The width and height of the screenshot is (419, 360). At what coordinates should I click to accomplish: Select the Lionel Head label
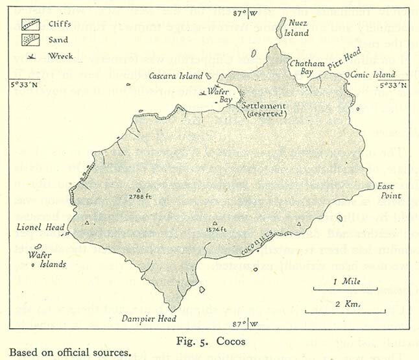coord(37,228)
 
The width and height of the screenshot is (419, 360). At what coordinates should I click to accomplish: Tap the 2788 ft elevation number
coord(140,196)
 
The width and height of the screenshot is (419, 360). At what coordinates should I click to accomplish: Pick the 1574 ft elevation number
coord(213,229)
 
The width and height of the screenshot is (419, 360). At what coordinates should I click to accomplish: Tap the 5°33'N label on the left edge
coord(25,84)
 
